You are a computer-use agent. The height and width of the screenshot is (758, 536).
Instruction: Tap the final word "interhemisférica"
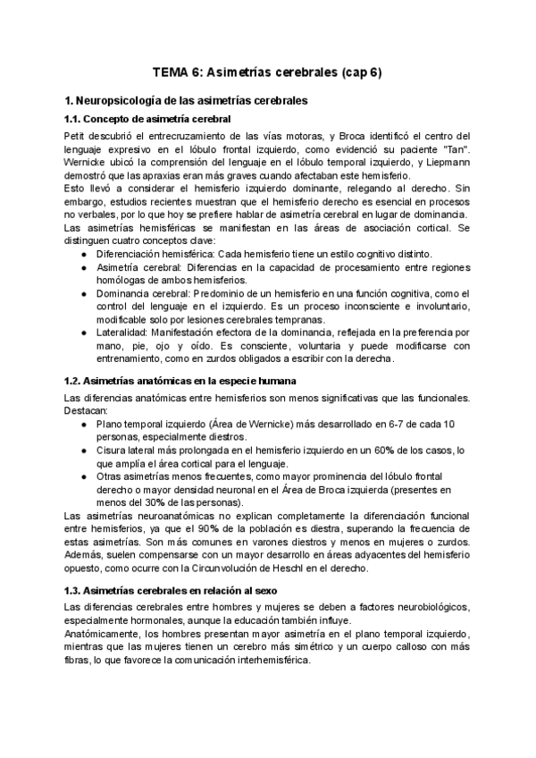click(x=261, y=661)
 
